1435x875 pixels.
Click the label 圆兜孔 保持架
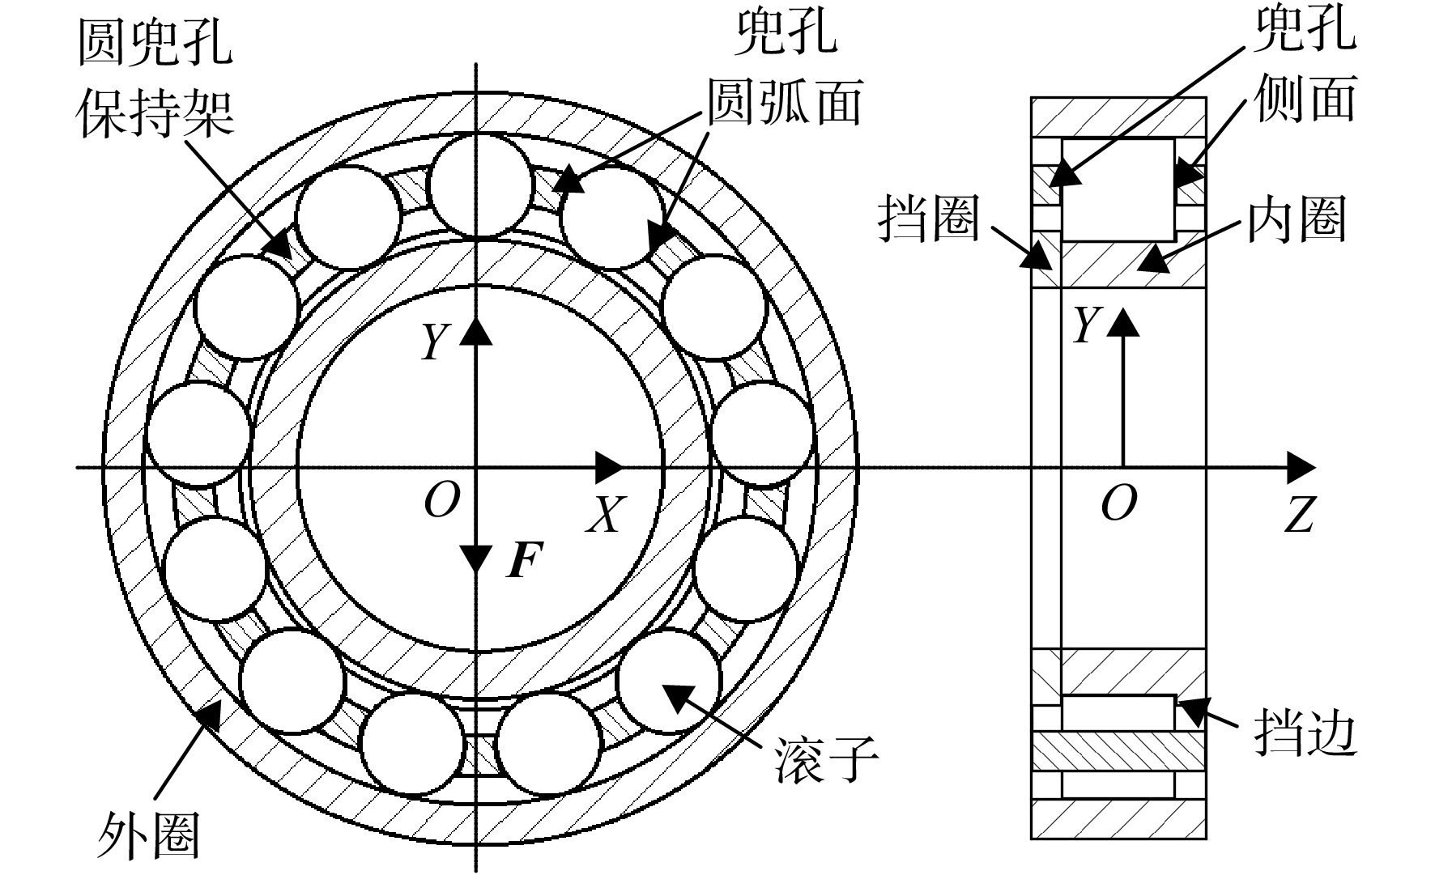pyautogui.click(x=155, y=79)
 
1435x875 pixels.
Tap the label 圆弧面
pyautogui.click(x=784, y=103)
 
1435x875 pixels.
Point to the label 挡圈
pyautogui.click(x=929, y=219)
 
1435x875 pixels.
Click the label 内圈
pyautogui.click(x=1297, y=219)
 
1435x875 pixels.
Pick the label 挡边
pyautogui.click(x=1305, y=733)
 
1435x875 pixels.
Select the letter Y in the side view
pyautogui.click(x=1085, y=325)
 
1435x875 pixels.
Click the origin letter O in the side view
pyautogui.click(x=1118, y=503)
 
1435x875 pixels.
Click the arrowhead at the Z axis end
pyautogui.click(x=1301, y=468)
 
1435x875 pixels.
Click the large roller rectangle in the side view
pyautogui.click(x=1118, y=189)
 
